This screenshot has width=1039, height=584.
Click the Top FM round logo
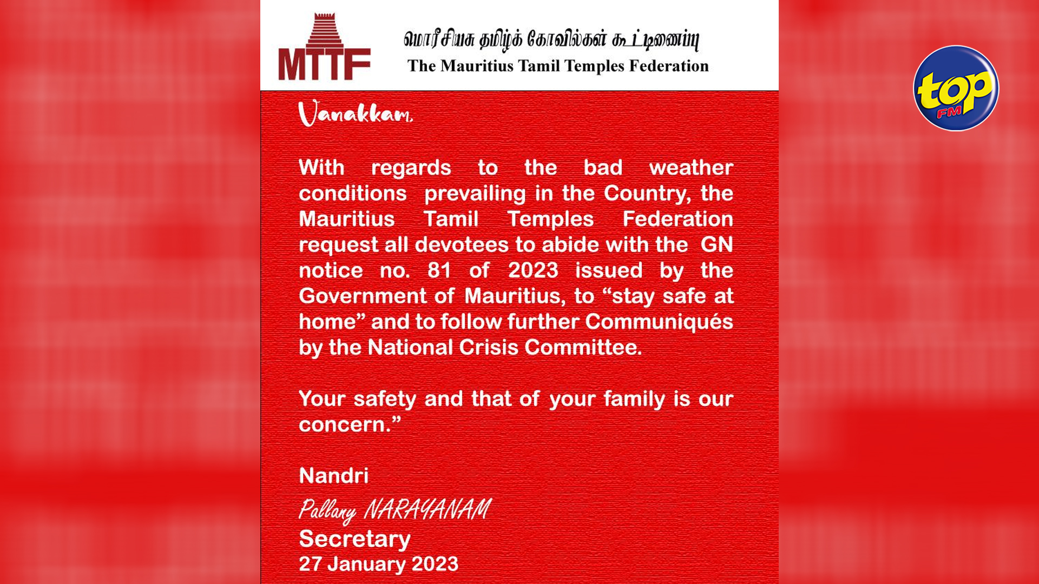956,88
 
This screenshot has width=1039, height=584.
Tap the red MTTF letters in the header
324,64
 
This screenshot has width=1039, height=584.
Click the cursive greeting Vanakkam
355,114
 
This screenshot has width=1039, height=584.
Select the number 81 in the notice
439,270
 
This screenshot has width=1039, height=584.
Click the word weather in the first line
691,168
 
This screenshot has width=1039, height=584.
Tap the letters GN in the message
716,244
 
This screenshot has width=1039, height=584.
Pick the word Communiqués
659,322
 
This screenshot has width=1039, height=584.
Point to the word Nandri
333,476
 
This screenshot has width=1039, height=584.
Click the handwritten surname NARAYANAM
427,509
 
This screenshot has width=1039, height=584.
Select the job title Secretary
354,539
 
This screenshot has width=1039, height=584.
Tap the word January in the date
366,564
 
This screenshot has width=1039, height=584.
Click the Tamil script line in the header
551,39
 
